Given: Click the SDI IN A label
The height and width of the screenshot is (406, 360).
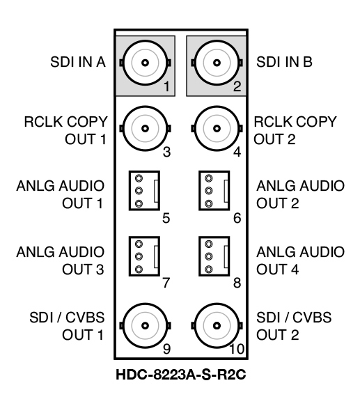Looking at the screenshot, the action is pyautogui.click(x=78, y=62).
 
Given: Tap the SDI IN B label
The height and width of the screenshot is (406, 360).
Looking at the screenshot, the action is pyautogui.click(x=284, y=62).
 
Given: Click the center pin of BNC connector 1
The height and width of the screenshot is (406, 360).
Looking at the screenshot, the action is pyautogui.click(x=145, y=63).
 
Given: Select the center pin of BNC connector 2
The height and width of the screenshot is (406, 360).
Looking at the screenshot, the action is pyautogui.click(x=217, y=63).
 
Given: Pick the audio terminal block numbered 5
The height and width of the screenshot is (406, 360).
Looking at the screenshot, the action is pyautogui.click(x=144, y=191).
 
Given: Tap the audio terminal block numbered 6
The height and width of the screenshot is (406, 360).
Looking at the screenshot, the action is pyautogui.click(x=214, y=191).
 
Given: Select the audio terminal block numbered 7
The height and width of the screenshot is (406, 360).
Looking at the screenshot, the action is pyautogui.click(x=144, y=256).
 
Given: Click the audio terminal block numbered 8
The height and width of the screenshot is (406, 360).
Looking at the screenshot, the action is pyautogui.click(x=214, y=256).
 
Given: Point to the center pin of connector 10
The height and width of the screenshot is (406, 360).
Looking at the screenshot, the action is pyautogui.click(x=217, y=325).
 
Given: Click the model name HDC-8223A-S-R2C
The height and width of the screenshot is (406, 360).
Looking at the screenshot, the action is pyautogui.click(x=181, y=375).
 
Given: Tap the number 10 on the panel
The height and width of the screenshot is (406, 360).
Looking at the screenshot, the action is pyautogui.click(x=237, y=349).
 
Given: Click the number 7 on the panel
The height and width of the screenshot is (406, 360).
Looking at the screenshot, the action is pyautogui.click(x=166, y=283).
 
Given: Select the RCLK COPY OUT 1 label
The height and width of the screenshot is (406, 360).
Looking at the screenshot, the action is pyautogui.click(x=65, y=130).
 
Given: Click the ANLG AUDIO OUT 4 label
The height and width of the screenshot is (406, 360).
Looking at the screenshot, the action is pyautogui.click(x=300, y=260).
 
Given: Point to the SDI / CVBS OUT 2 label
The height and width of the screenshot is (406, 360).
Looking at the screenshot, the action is pyautogui.click(x=294, y=326).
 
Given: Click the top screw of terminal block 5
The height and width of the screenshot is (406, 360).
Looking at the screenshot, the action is pyautogui.click(x=139, y=178).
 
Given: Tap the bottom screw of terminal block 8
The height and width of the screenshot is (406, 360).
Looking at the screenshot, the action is pyautogui.click(x=209, y=270).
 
